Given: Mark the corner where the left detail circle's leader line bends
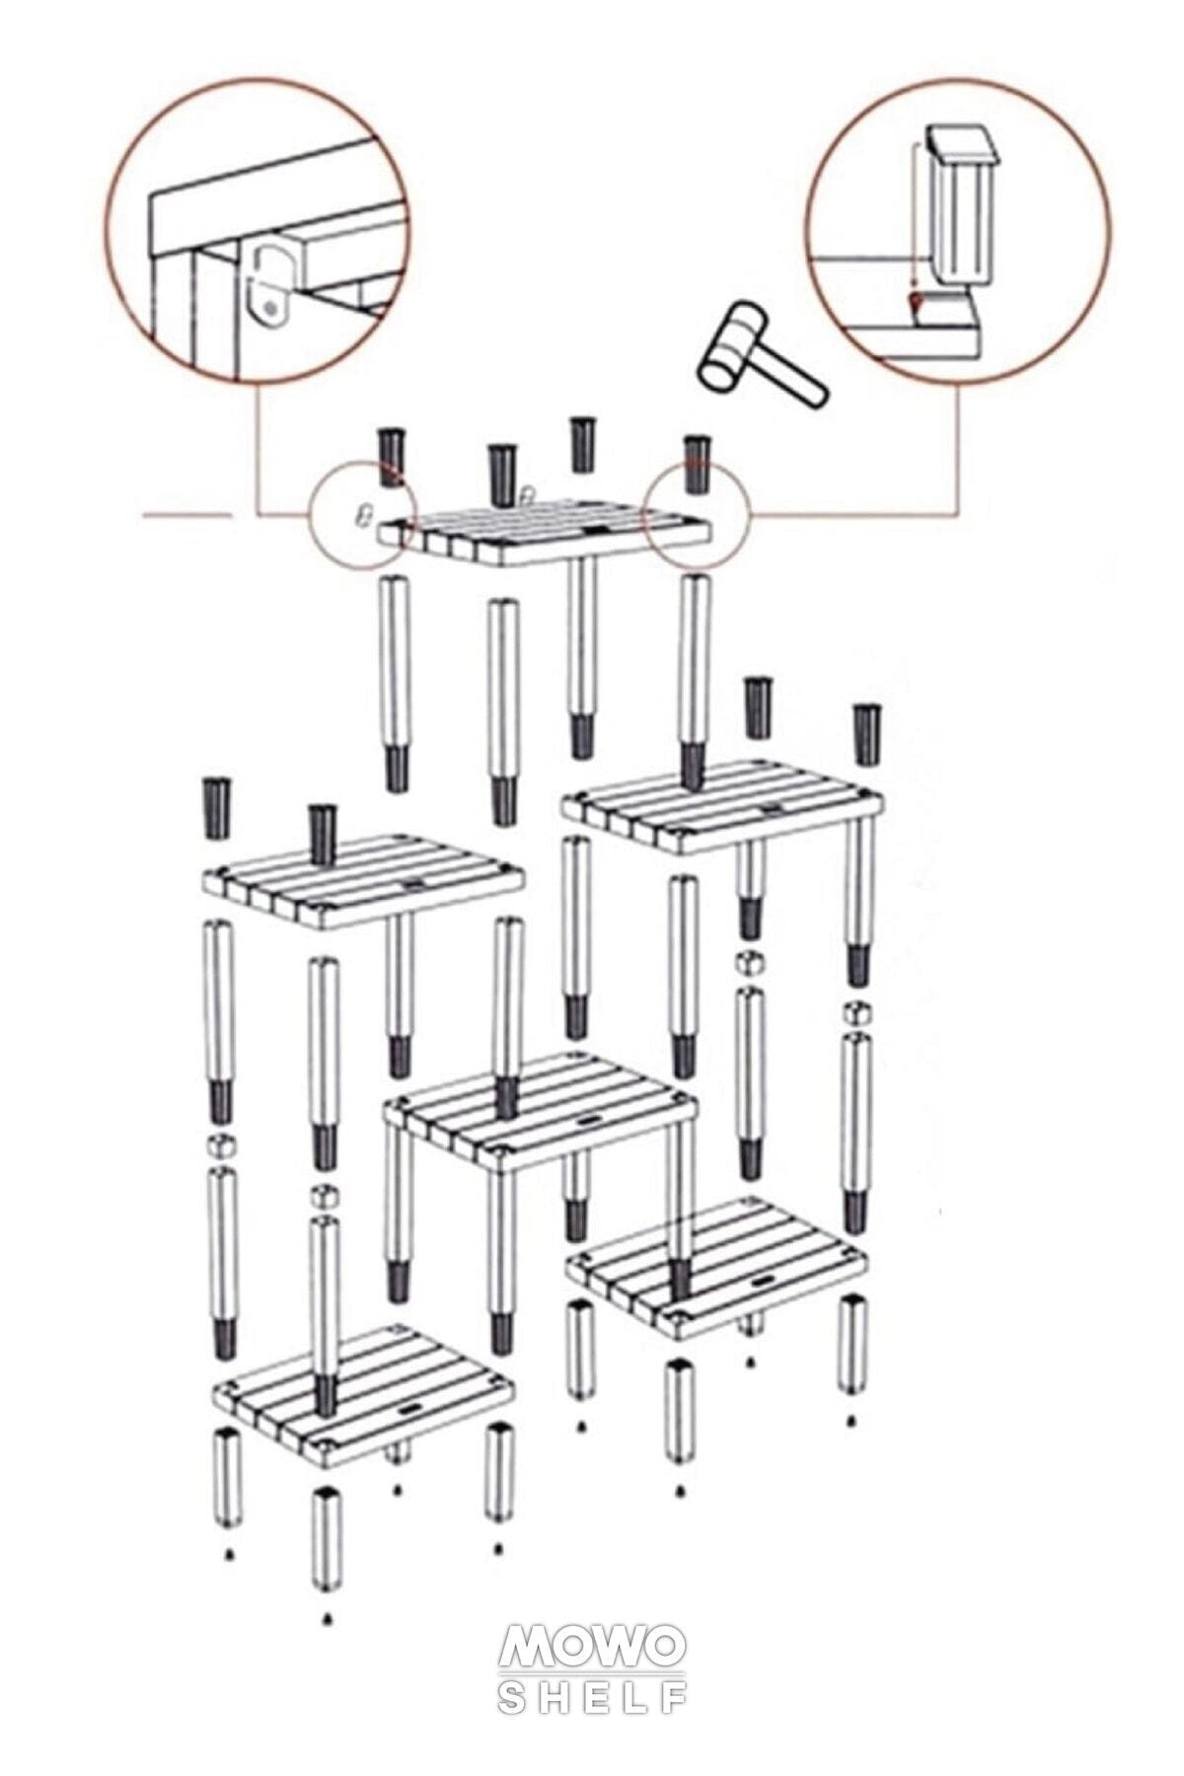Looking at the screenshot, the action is pos(258,514).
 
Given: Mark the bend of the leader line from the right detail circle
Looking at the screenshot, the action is pos(957,513).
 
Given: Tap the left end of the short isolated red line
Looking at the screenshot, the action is pos(144,515).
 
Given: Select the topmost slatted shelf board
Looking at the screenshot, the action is pos(544,531).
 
